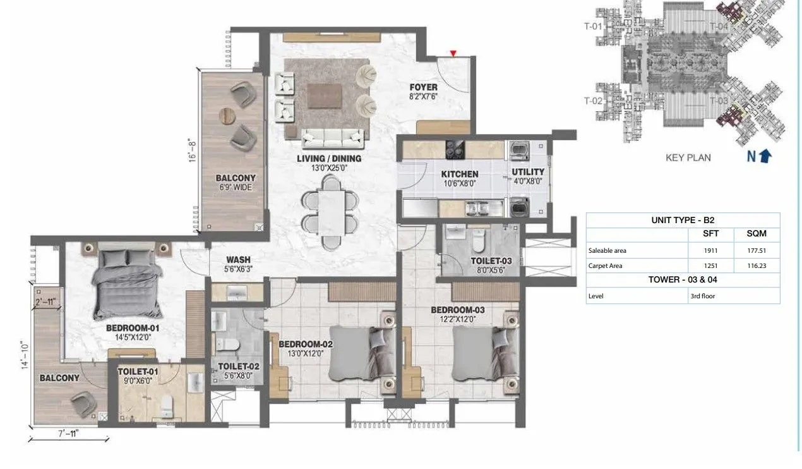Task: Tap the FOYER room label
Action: (x=424, y=88)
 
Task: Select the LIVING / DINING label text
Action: (x=329, y=159)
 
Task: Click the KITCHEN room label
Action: (x=459, y=174)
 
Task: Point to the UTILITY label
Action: (x=528, y=172)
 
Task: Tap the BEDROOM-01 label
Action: (x=133, y=328)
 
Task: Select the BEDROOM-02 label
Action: (x=306, y=344)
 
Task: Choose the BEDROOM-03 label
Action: (x=458, y=310)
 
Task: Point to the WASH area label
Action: (x=238, y=259)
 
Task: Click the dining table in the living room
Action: (x=331, y=212)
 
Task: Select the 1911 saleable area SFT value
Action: (x=711, y=250)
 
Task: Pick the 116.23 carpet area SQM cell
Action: (x=755, y=266)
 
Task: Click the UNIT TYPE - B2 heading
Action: (x=683, y=220)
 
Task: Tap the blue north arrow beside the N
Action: (x=765, y=155)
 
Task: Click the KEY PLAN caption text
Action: (x=688, y=157)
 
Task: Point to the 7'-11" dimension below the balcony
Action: (x=69, y=434)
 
